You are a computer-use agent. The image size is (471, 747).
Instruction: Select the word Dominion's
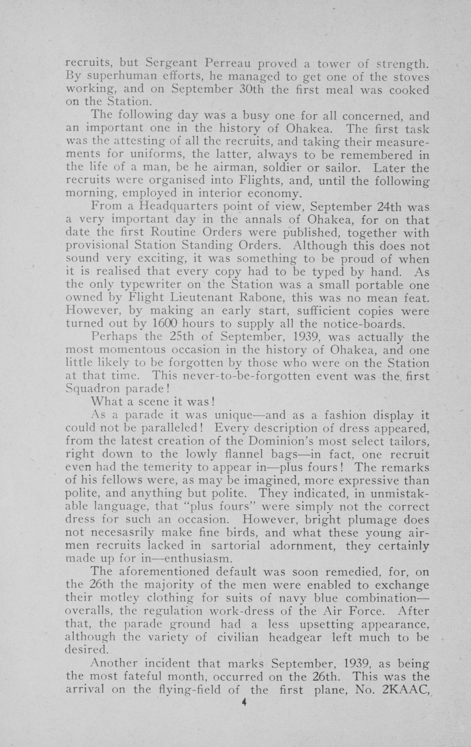coord(276,441)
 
